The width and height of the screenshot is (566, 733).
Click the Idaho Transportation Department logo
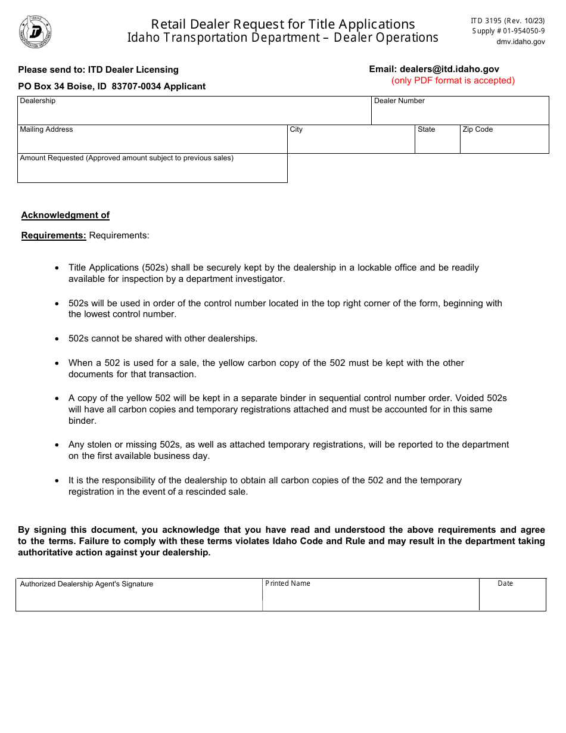click(x=35, y=32)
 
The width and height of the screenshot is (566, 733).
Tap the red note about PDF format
click(x=453, y=80)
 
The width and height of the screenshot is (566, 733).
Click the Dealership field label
click(x=38, y=101)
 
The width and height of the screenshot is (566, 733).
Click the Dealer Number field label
click(x=399, y=101)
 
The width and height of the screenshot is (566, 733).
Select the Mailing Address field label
click(x=46, y=129)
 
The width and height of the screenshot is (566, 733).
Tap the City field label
click(x=296, y=129)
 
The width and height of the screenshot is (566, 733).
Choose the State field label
click(x=426, y=129)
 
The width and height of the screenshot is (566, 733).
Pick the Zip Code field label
click(x=478, y=129)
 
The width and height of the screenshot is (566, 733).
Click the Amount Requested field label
click(x=126, y=158)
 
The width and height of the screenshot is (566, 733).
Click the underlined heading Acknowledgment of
click(x=66, y=215)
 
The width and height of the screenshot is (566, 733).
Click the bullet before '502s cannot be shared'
click(x=57, y=338)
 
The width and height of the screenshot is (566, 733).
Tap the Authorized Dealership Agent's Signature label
click(x=86, y=584)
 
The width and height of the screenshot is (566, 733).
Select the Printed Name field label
click(x=288, y=583)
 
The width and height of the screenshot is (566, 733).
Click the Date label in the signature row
click(x=505, y=583)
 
